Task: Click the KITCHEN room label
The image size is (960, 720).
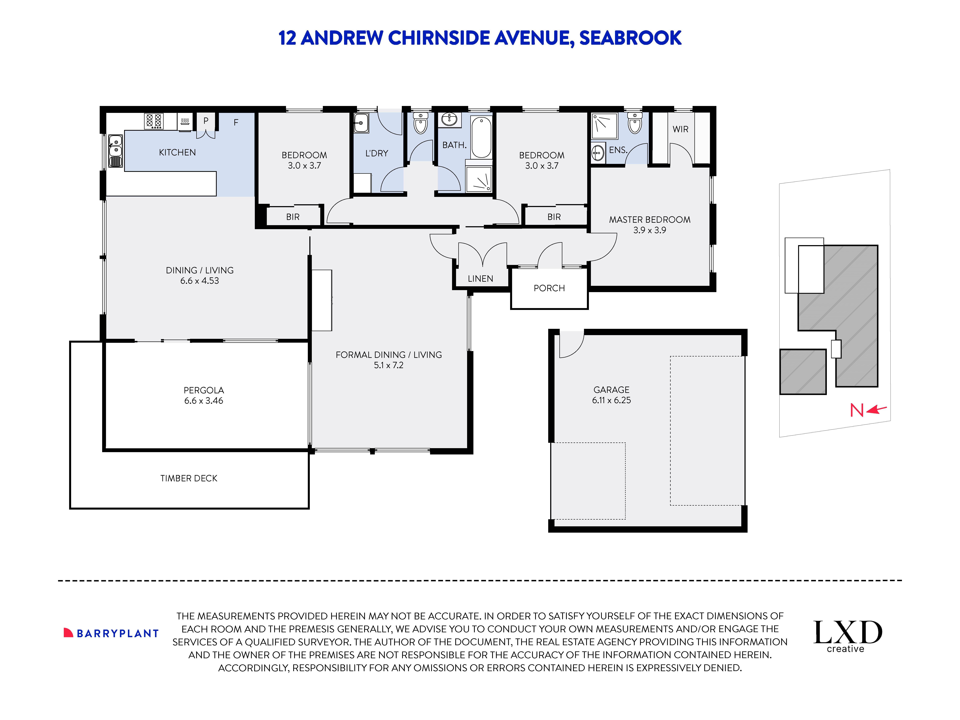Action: click(177, 152)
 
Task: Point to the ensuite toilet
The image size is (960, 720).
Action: click(635, 124)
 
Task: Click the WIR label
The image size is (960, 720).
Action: click(680, 129)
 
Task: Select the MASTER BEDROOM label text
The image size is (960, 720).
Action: click(649, 220)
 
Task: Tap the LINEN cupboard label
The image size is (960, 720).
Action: click(480, 279)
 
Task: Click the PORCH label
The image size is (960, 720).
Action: click(549, 288)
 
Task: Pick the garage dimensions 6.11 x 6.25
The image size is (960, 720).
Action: click(611, 400)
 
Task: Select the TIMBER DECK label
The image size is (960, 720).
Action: click(189, 478)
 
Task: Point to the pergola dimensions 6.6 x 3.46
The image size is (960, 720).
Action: click(204, 401)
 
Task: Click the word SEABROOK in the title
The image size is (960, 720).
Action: click(630, 38)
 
